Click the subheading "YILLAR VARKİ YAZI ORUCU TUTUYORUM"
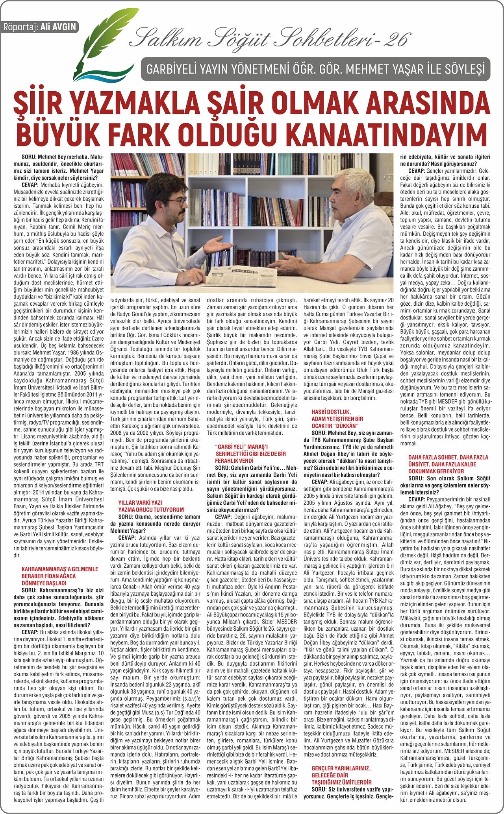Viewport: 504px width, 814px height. tap(151, 506)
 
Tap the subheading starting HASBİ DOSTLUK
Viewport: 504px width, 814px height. tap(337, 419)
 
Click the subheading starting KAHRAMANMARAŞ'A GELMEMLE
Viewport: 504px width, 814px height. tap(60, 576)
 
